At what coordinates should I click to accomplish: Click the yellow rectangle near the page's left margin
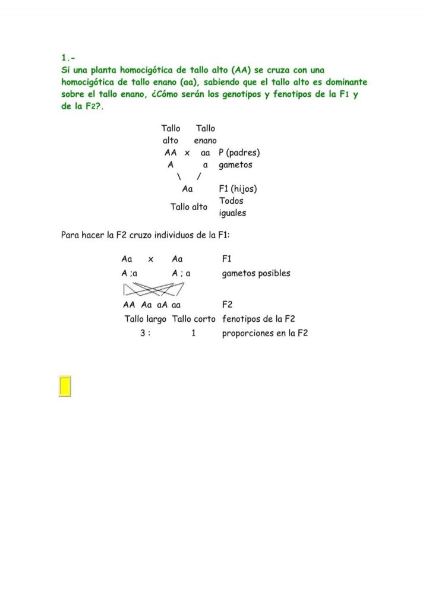(x=65, y=386)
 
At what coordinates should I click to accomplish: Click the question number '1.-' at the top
(x=68, y=58)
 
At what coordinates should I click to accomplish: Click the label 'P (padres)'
(x=239, y=153)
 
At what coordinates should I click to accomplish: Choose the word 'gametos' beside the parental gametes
(x=235, y=164)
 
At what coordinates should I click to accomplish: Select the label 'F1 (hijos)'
(x=238, y=189)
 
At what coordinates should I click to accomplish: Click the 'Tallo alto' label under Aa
(x=189, y=207)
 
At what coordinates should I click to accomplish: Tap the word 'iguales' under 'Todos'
(x=232, y=213)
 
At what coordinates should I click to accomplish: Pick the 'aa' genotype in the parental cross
(x=206, y=153)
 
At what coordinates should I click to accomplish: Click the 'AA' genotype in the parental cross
(x=171, y=153)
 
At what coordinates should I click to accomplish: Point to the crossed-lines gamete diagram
(x=153, y=289)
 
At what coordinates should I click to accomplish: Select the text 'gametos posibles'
(x=256, y=274)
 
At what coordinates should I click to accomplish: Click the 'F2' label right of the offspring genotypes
(x=227, y=305)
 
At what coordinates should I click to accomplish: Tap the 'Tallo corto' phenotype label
(x=194, y=319)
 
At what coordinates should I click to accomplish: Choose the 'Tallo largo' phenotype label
(x=146, y=319)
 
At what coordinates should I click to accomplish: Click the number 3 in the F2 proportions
(x=143, y=333)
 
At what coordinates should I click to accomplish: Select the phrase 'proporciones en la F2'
(x=264, y=333)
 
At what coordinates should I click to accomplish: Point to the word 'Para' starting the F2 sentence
(x=71, y=235)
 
